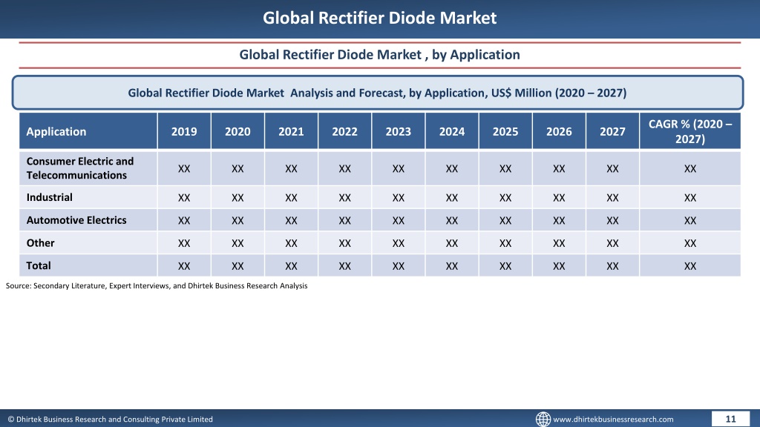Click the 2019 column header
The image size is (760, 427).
[x=184, y=131]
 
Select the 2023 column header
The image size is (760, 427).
[x=399, y=131]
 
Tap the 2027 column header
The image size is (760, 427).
[x=612, y=131]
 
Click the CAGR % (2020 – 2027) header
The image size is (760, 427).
[x=690, y=131]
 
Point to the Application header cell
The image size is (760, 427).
[x=56, y=131]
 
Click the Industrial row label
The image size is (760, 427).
[x=50, y=197]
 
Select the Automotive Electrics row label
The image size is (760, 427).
[x=76, y=219]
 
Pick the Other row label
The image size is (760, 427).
[x=40, y=242]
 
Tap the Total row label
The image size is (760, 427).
[x=39, y=265]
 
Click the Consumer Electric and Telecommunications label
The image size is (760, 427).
[x=80, y=168]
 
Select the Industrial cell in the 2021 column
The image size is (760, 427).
[x=291, y=197]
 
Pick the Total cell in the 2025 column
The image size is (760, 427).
[x=505, y=266]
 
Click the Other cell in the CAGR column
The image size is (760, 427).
[x=690, y=243]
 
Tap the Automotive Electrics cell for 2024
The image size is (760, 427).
[x=452, y=220]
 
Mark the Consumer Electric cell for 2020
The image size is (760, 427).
[x=237, y=168]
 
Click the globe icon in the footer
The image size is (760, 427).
[x=543, y=419]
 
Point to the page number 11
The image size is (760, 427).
[x=730, y=420]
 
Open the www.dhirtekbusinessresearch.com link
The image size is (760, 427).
[x=613, y=420]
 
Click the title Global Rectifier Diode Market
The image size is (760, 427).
[x=379, y=18]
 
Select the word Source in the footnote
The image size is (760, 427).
[x=18, y=285]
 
